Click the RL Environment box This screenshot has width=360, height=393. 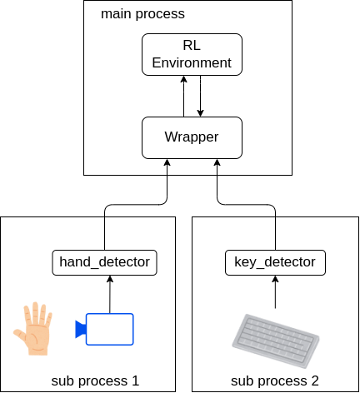click(x=192, y=54)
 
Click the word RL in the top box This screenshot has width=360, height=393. click(x=192, y=46)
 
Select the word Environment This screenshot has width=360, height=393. click(x=192, y=63)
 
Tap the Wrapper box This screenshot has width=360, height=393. click(x=192, y=137)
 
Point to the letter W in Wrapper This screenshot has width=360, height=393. click(x=170, y=137)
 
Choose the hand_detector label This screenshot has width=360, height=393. click(x=104, y=262)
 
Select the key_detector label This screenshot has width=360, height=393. click(x=275, y=262)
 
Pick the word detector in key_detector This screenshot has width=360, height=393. click(x=289, y=262)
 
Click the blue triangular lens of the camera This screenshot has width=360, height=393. click(x=80, y=329)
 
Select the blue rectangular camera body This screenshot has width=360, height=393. click(x=110, y=329)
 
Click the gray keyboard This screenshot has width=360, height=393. click(x=276, y=341)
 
